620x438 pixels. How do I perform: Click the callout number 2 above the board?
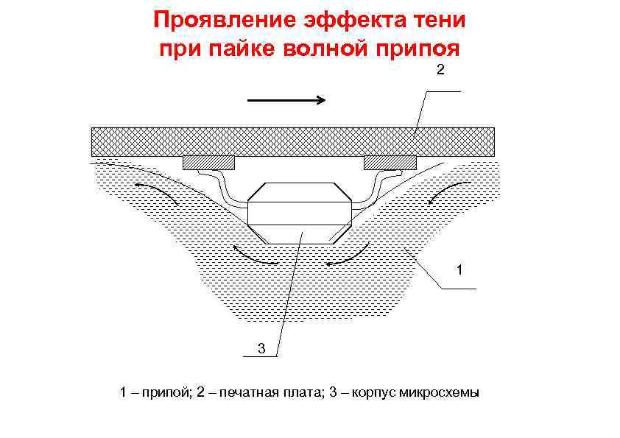[440, 71]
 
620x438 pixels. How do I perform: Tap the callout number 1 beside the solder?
[459, 271]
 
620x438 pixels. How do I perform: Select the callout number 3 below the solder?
[261, 347]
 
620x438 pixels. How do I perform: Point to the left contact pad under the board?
[208, 162]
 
